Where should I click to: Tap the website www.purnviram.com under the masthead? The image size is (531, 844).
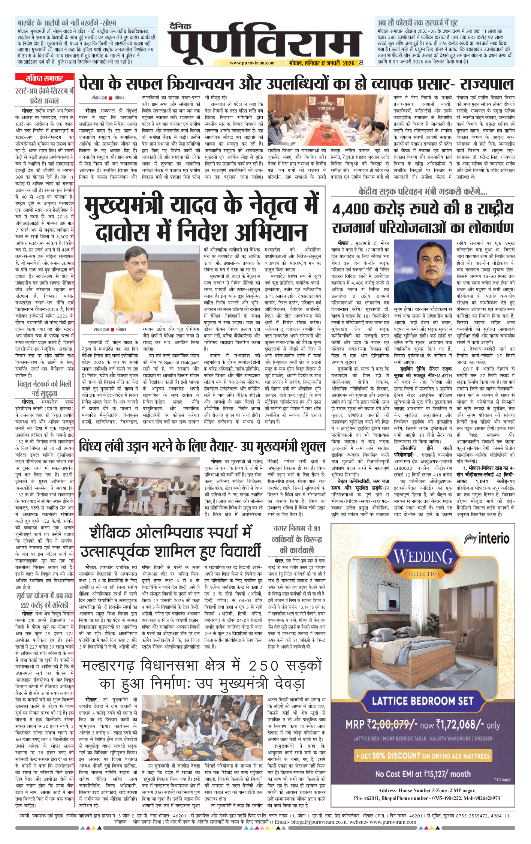tap(252, 63)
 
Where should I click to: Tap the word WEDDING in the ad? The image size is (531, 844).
tap(423, 557)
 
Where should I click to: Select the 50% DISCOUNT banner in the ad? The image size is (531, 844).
tap(423, 756)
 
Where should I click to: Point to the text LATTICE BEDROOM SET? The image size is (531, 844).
tap(423, 700)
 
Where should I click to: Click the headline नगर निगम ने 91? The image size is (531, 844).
tap(297, 529)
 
